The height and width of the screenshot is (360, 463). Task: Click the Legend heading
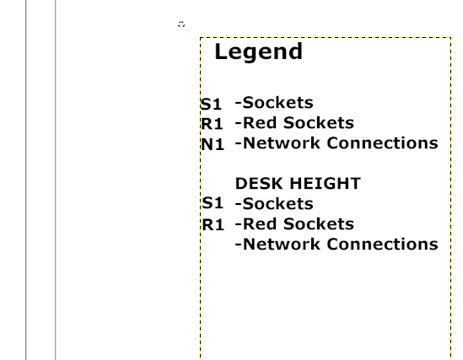259,52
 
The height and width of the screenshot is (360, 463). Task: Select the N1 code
213,145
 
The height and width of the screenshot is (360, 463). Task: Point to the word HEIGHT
325,184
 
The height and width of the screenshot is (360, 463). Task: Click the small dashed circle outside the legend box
181,24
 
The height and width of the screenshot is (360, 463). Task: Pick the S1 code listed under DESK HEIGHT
213,203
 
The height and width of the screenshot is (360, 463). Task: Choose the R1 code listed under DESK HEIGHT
213,225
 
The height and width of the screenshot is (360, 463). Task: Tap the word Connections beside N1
383,143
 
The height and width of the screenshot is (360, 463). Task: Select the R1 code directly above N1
212,124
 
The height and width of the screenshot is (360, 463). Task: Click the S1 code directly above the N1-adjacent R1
211,105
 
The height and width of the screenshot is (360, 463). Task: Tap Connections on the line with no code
383,244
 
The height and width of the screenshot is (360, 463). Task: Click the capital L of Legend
221,51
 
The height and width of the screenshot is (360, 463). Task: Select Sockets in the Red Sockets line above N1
319,123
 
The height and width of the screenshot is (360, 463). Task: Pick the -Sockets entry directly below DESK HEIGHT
274,204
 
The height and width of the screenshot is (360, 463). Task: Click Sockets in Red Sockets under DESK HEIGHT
319,224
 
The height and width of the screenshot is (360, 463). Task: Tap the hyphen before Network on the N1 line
239,143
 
